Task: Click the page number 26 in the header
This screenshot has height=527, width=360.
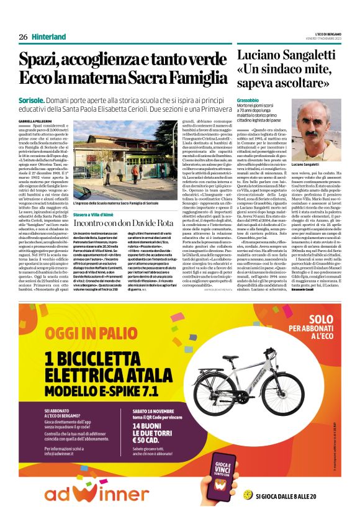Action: [23, 37]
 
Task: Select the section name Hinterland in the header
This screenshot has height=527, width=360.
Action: [48, 37]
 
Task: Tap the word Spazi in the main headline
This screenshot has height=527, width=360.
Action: [39, 60]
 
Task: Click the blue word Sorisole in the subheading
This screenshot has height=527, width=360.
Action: [30, 99]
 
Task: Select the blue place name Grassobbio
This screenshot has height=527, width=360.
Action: [249, 99]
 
